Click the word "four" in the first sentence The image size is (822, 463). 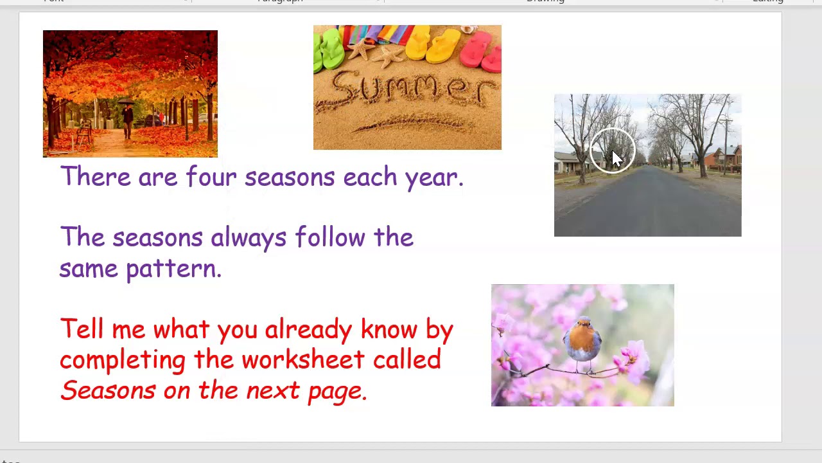coord(211,177)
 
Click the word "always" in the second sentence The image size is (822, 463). coord(248,238)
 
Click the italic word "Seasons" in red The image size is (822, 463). coord(107,390)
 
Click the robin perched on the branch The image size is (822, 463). coord(582,345)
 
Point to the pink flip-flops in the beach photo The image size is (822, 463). coord(483,51)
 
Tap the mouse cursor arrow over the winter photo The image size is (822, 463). coord(616,159)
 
